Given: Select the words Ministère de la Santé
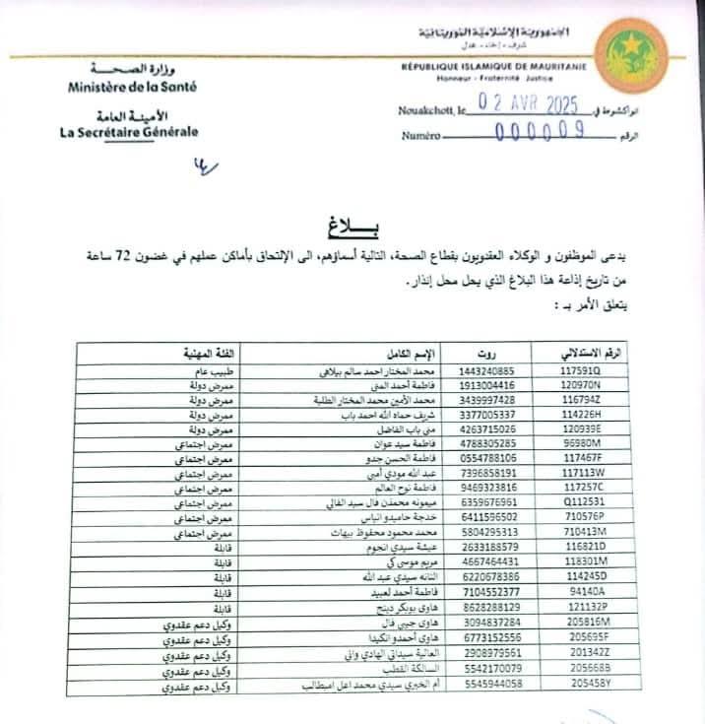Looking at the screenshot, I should click(x=133, y=87).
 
